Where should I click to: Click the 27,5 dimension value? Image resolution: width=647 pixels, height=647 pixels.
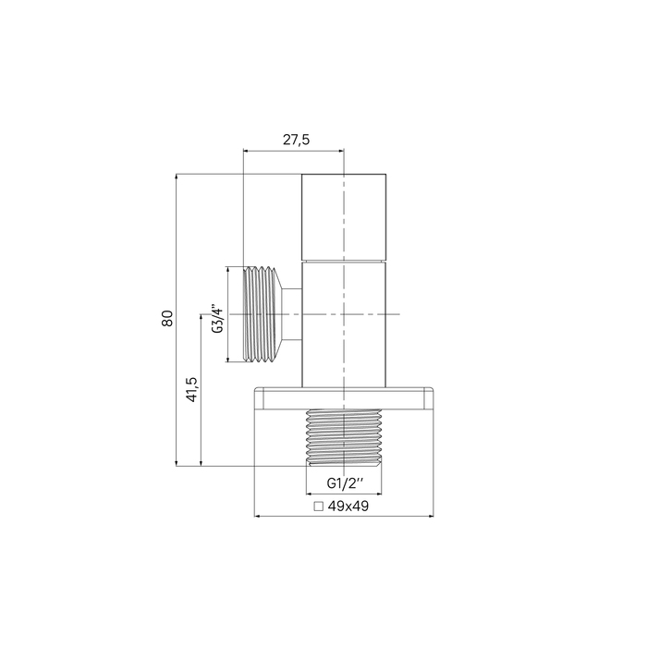click(x=296, y=140)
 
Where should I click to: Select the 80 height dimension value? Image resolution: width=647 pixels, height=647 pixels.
click(x=167, y=318)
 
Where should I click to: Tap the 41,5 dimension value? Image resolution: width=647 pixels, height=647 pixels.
click(x=192, y=389)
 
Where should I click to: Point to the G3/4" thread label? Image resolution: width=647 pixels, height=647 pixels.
click(x=217, y=319)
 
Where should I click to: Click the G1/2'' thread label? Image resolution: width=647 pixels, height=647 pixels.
click(x=346, y=482)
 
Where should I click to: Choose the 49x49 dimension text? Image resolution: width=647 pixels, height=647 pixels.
click(x=348, y=506)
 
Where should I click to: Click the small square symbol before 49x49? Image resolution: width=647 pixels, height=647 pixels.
click(x=318, y=507)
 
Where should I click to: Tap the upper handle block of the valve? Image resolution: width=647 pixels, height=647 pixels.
click(x=344, y=217)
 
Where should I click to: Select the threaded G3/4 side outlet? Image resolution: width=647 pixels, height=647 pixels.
click(x=262, y=314)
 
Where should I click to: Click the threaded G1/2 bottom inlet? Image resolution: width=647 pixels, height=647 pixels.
click(x=344, y=437)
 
